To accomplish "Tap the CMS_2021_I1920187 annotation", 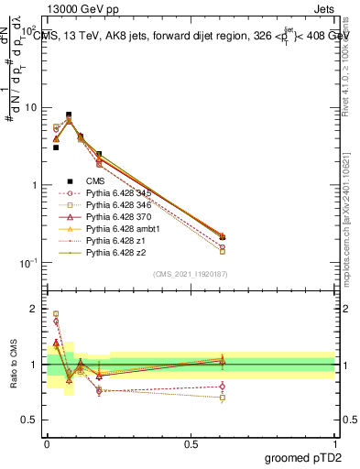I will tap(190, 273).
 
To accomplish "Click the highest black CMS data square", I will tap(70, 115).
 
